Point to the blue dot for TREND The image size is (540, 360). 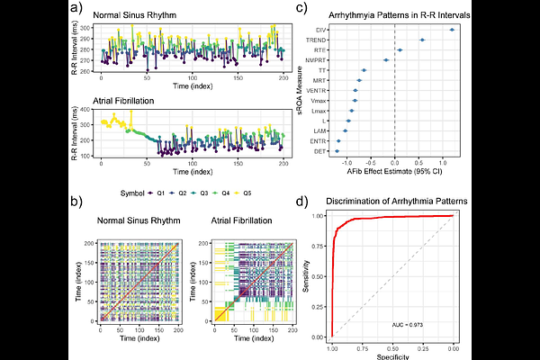click(422, 40)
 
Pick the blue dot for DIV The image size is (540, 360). click(452, 31)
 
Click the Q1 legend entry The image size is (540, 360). click(157, 192)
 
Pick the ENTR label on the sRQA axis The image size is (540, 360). click(320, 141)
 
